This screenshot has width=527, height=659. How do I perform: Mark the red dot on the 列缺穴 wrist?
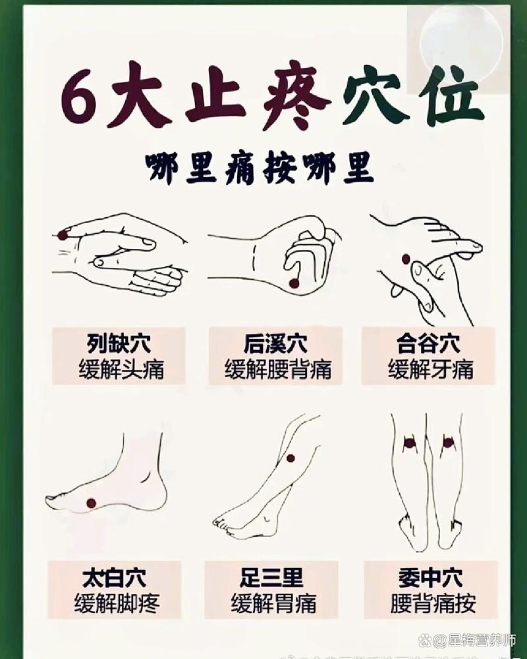coord(63,234)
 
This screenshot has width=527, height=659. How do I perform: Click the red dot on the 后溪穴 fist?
coord(294,283)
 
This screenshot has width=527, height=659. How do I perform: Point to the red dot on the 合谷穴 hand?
coord(406,259)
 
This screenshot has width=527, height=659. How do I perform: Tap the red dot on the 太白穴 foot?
coord(91,503)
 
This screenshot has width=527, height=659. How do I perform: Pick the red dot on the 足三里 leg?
coord(290,458)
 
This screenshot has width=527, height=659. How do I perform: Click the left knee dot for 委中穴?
coord(409,443)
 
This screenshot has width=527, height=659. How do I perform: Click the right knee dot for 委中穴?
coord(448,442)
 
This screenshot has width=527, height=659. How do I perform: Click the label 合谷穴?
coord(428,343)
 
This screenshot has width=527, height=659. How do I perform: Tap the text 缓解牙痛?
coord(430,369)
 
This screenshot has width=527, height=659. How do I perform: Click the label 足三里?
coord(271,578)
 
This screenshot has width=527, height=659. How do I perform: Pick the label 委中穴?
coord(430,578)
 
